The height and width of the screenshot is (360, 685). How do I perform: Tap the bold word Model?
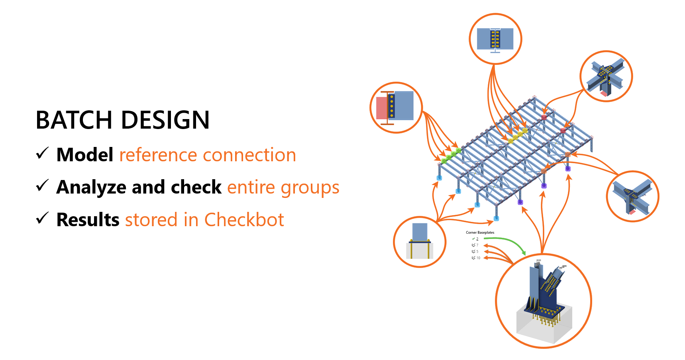pos(85,155)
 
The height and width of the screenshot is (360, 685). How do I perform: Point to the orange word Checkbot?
pos(244,220)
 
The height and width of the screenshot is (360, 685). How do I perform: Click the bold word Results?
pos(88,220)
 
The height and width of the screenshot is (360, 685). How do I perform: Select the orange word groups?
pos(310,188)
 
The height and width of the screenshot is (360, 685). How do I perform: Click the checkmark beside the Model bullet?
pos(42,153)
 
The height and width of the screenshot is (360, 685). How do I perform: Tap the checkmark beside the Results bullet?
pos(42,218)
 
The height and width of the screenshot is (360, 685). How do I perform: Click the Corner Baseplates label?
pos(480,233)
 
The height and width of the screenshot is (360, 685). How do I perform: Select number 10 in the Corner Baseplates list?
pos(478,258)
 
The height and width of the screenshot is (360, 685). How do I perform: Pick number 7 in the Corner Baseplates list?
pos(477,245)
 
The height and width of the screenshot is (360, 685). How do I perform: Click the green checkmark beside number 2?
pos(473,239)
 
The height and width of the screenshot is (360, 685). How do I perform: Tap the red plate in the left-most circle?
pos(381,108)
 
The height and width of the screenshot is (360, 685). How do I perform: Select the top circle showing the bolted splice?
pos(495,39)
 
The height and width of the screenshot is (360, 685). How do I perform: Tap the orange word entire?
pos(251,188)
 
